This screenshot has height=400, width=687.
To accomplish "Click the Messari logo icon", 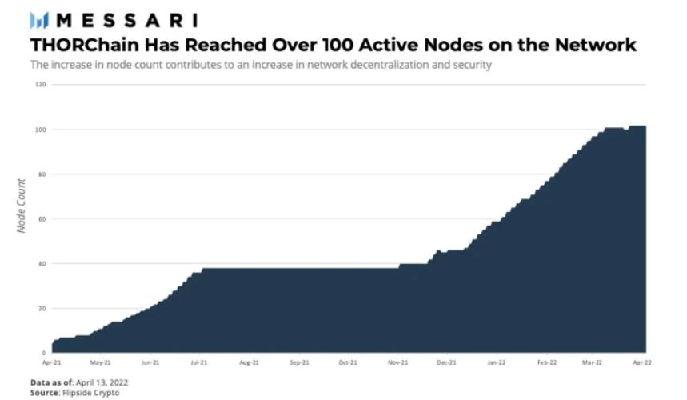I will pos(40,20).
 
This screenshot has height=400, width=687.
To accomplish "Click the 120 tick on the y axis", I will pos(41,84).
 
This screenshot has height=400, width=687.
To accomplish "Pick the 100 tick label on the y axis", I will pos(41,129).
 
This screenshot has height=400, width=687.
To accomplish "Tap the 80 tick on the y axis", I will pos(42,174).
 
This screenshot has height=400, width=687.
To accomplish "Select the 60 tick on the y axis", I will pos(42,218).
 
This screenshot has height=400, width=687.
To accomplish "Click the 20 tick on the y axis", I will pos(42,308).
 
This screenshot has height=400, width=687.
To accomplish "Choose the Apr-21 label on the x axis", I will pos(52,362).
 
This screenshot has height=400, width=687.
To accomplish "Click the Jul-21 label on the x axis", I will pos(201,362).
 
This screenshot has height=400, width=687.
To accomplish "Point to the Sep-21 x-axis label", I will pos(298,362).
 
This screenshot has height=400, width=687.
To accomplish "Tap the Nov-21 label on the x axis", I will pos(397,362).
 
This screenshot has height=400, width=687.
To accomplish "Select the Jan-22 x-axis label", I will pos(496,362).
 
